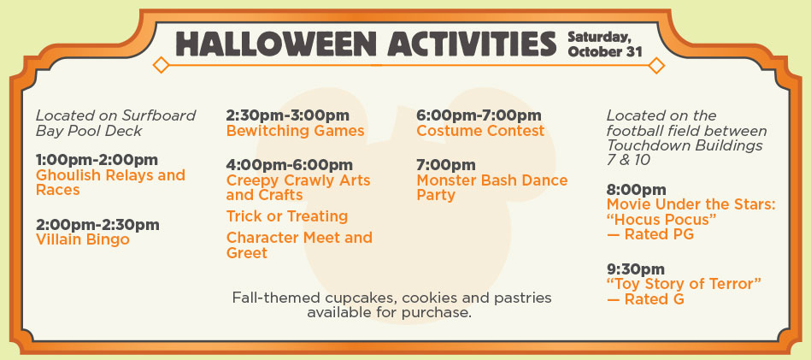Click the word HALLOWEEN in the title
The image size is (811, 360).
276,44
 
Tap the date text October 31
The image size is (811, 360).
605,52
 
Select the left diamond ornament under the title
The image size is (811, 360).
162,65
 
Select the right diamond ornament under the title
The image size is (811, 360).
656,66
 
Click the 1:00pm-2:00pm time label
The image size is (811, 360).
97,159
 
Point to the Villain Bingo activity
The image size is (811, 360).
83,239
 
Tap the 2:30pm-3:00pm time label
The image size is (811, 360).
288,115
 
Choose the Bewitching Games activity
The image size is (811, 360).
296,130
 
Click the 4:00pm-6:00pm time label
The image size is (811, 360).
289,165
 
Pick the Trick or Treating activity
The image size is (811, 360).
287,215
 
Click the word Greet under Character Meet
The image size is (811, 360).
247,253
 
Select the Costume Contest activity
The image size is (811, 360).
480,130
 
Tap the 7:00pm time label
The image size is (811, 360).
446,165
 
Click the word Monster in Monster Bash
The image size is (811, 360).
447,180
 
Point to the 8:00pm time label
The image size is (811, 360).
636,190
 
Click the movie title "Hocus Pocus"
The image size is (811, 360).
661,220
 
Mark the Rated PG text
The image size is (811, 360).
659,235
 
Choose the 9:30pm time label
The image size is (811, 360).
636,269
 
